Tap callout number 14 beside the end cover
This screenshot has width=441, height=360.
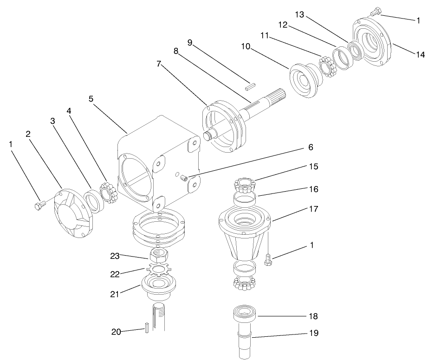pyautogui.click(x=420, y=54)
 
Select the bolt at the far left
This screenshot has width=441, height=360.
pyautogui.click(x=39, y=206)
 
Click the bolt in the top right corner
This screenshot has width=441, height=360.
pyautogui.click(x=376, y=12)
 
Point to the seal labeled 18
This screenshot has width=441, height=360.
pyautogui.click(x=246, y=317)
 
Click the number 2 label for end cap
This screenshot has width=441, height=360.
pyautogui.click(x=28, y=134)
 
